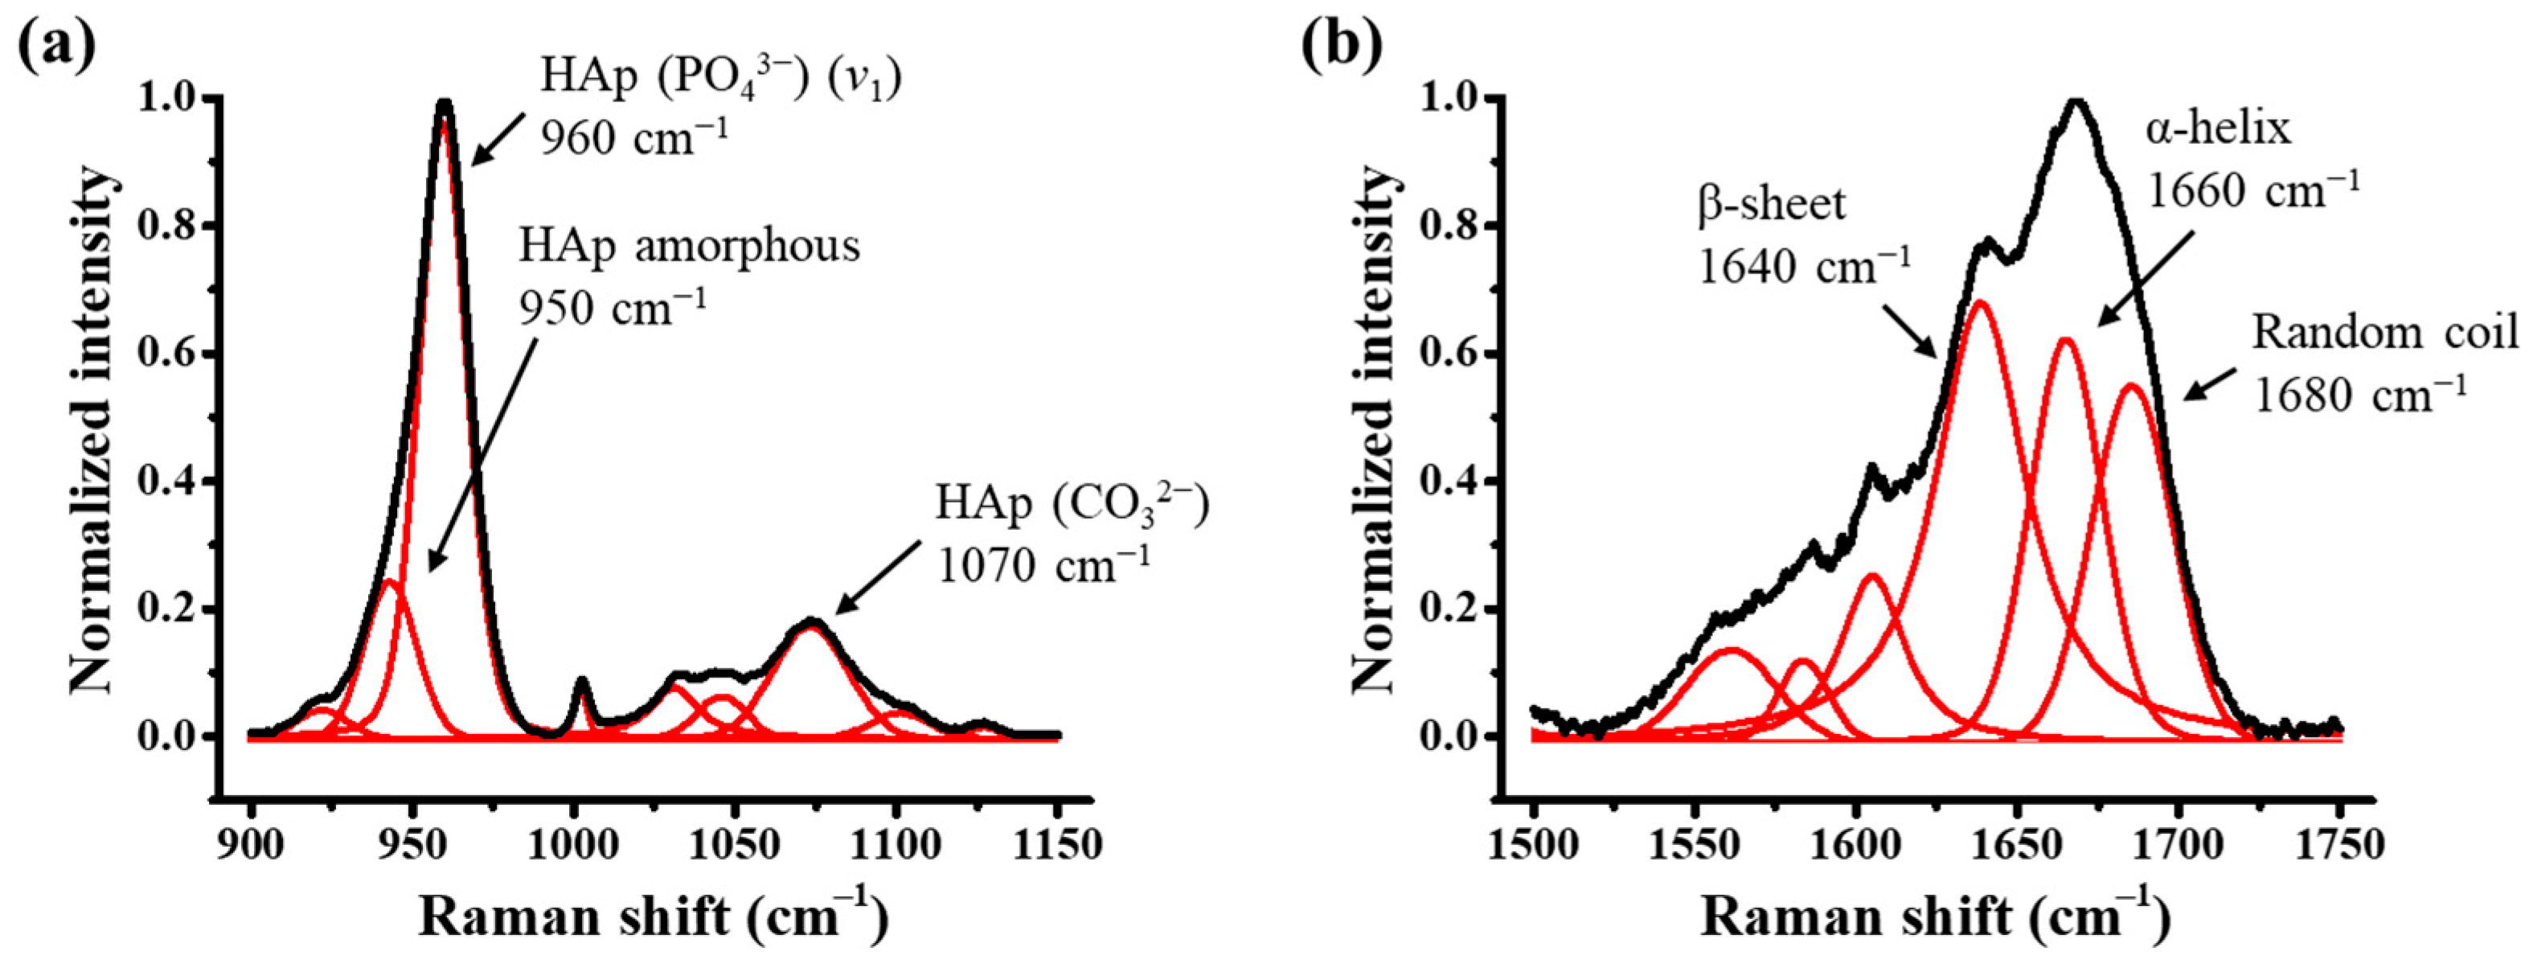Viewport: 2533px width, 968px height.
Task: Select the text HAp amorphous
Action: click(x=689, y=247)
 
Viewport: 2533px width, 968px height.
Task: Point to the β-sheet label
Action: click(x=1771, y=203)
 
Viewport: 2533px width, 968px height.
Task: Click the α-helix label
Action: click(x=2217, y=129)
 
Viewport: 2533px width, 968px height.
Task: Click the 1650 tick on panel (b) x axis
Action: click(x=2017, y=844)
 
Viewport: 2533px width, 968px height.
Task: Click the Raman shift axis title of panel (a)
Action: click(x=654, y=917)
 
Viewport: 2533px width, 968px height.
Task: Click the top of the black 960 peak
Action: click(x=445, y=102)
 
